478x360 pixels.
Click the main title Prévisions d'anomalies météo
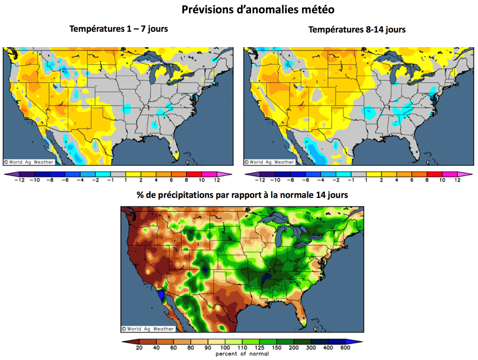[258, 9]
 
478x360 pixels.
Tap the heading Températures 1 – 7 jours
[119, 29]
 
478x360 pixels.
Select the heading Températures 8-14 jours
[357, 29]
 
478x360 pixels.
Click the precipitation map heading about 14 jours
[242, 195]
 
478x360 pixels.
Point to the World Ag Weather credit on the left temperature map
[29, 162]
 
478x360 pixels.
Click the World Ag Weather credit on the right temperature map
[270, 162]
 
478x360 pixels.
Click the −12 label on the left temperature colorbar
[20, 180]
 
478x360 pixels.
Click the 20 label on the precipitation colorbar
[139, 348]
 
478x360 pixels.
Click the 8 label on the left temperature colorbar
[186, 180]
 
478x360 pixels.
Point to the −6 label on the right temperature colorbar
[304, 180]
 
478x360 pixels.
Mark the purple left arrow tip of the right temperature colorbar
[247, 174]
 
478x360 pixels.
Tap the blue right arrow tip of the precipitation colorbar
[359, 341]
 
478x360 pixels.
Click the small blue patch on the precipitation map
[162, 295]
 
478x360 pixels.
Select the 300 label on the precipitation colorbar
[310, 348]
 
